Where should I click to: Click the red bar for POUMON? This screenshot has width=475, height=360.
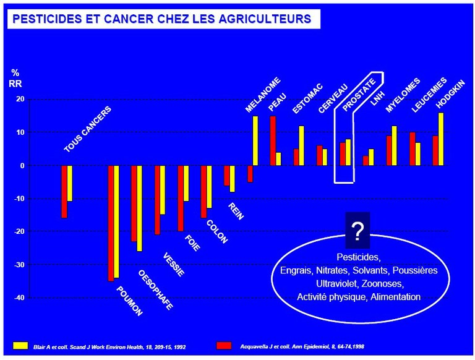pyautogui.click(x=111, y=223)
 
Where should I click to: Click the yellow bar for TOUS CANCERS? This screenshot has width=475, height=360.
pyautogui.click(x=70, y=183)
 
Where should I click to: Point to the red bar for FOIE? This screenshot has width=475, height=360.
pyautogui.click(x=181, y=198)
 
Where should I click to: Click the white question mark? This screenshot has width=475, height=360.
pyautogui.click(x=357, y=231)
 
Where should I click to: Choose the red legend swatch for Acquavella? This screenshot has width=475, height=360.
pyautogui.click(x=223, y=345)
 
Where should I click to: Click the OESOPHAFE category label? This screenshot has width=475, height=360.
pyautogui.click(x=155, y=289)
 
